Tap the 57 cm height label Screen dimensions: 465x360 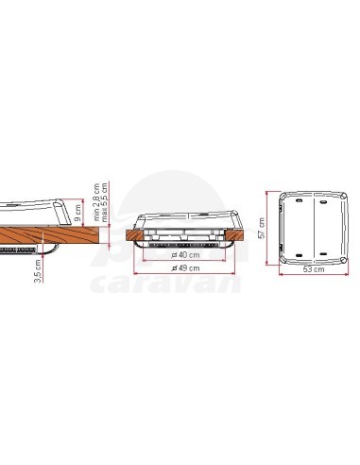click(263, 227)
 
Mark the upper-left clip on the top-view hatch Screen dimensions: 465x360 click(295, 201)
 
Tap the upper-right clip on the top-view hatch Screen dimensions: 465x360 click(323, 201)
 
